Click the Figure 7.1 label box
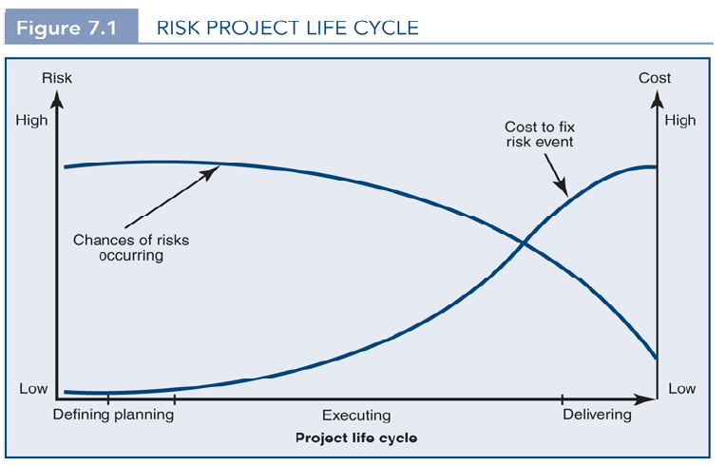[x=67, y=26]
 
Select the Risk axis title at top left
[x=56, y=78]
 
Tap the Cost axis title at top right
[x=654, y=78]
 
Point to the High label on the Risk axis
[x=31, y=121]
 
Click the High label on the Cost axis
[x=680, y=121]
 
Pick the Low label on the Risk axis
[x=33, y=389]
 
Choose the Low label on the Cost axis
[x=680, y=389]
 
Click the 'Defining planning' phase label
[x=113, y=415]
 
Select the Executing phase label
[x=356, y=416]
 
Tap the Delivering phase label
[x=597, y=415]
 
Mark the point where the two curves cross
[x=524, y=243]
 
